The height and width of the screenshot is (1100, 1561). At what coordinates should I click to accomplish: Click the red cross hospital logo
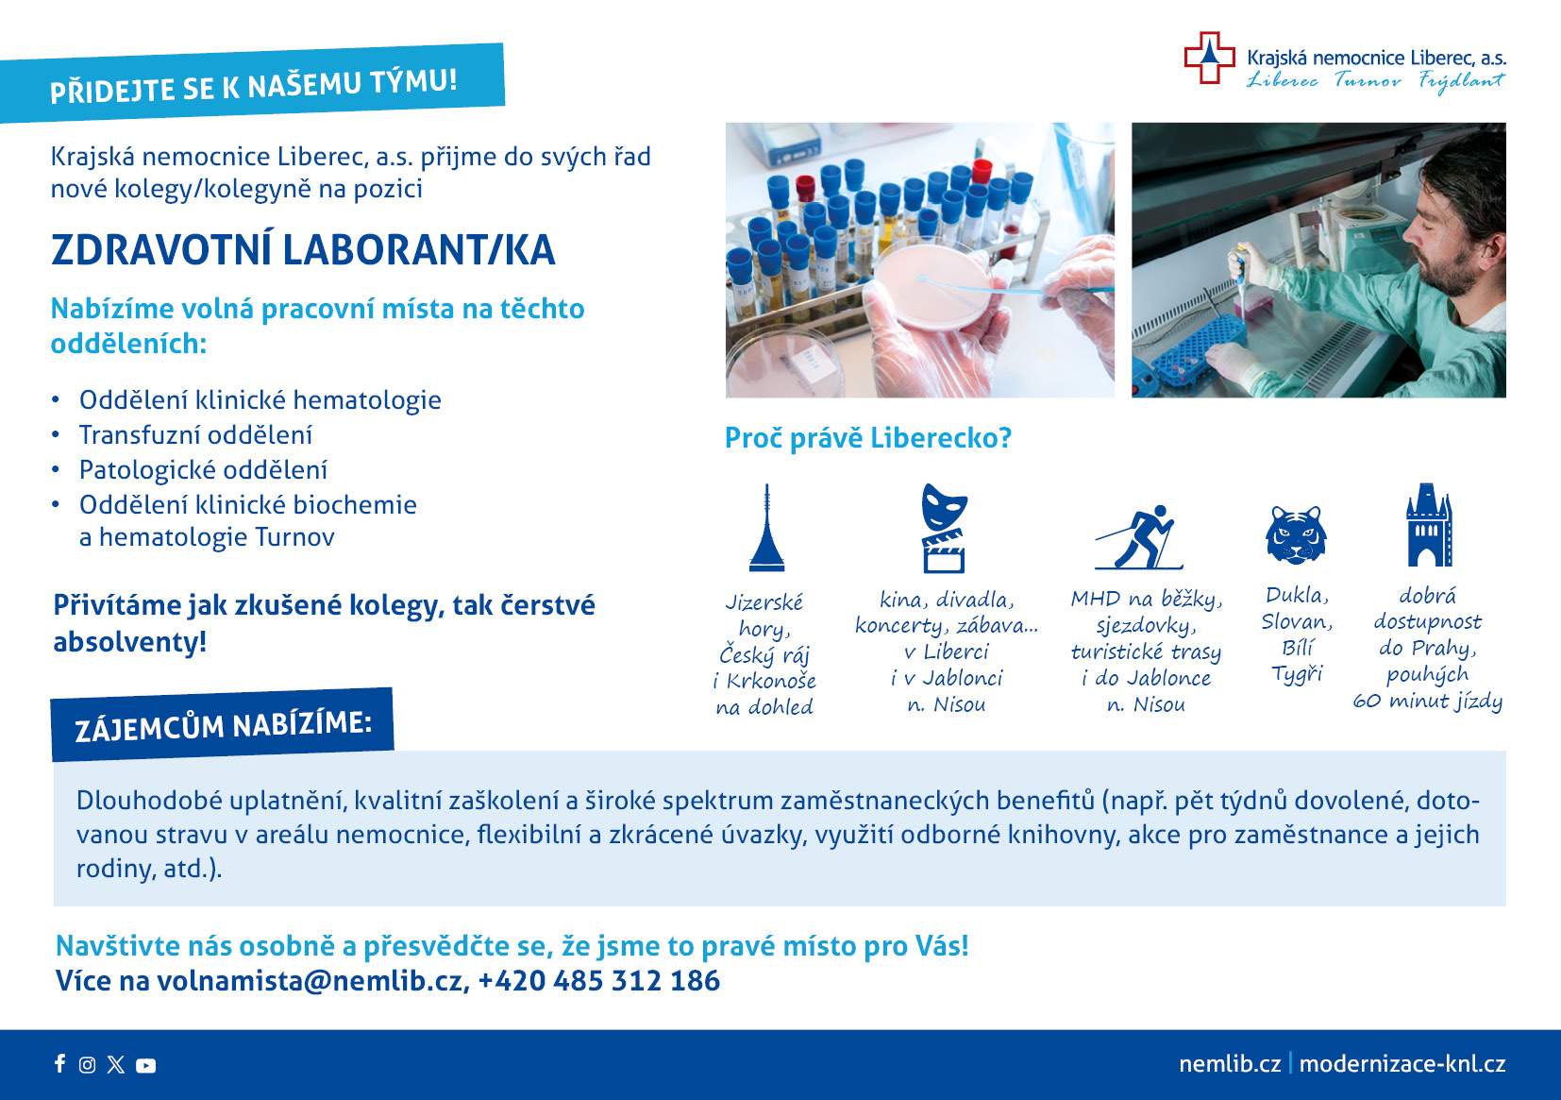[x=1209, y=58]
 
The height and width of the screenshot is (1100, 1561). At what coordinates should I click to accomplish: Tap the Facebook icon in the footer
[x=60, y=1064]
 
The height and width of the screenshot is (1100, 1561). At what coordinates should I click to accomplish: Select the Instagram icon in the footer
[x=87, y=1064]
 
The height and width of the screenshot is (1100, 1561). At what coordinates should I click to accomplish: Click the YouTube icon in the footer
[x=145, y=1065]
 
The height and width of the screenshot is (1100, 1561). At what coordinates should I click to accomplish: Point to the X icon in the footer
[x=116, y=1064]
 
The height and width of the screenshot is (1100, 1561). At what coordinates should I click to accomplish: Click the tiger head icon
[x=1296, y=534]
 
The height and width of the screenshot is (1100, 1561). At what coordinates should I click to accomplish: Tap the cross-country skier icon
[x=1139, y=536]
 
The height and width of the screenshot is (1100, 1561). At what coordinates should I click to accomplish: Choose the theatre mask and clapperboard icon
[x=944, y=528]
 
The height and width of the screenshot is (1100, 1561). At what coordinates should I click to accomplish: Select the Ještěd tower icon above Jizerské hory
[x=766, y=528]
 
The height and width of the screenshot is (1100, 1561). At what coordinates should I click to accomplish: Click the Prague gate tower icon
[x=1429, y=525]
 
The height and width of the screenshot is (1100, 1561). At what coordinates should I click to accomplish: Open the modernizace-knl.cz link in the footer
[x=1402, y=1064]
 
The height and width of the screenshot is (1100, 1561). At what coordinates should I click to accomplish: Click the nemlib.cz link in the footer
[x=1230, y=1064]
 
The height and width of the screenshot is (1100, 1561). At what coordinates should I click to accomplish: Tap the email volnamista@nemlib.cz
[x=311, y=981]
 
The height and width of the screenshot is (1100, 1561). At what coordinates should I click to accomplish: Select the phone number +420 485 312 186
[x=598, y=981]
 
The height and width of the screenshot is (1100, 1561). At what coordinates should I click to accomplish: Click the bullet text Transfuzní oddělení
[x=195, y=435]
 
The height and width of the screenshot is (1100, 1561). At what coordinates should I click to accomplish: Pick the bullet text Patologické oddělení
[x=203, y=470]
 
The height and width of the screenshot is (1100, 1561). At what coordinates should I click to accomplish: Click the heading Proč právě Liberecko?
[x=867, y=438]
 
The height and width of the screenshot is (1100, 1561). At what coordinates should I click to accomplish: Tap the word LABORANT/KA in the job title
[x=419, y=250]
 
